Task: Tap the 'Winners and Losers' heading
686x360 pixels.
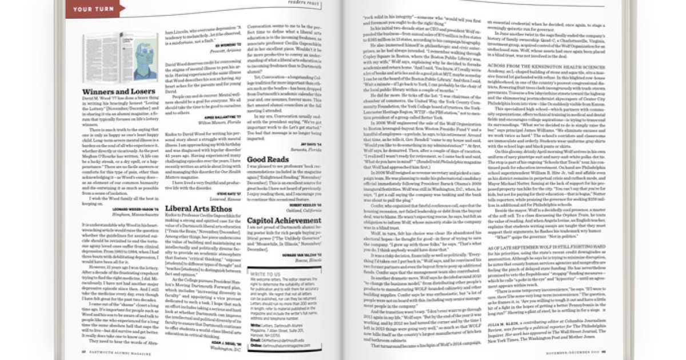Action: [x=111, y=91]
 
